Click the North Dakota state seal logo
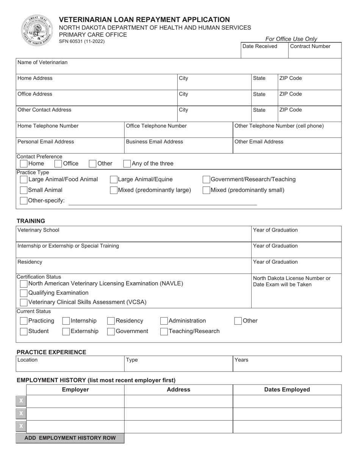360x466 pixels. point(36,31)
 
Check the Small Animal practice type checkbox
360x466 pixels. point(23,190)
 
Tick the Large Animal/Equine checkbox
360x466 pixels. point(114,180)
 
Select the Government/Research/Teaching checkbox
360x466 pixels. point(207,180)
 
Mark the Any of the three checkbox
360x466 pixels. point(127,164)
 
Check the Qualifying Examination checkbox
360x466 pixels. point(23,293)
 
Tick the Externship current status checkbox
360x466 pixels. point(66,332)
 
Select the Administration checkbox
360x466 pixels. point(164,321)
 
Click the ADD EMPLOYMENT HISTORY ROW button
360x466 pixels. point(70,438)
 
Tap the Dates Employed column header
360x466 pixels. point(287,390)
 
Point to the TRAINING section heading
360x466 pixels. point(31,221)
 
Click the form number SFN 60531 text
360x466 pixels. point(82,41)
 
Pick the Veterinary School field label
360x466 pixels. point(39,230)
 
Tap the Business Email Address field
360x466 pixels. point(178,147)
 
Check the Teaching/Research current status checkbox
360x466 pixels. point(164,332)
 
